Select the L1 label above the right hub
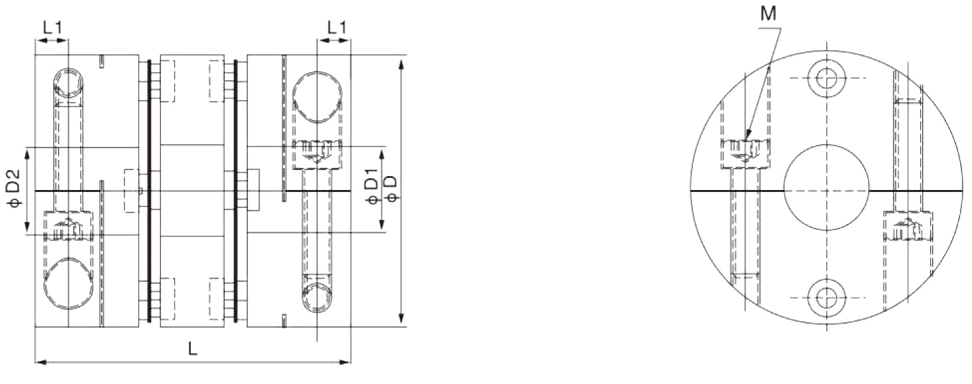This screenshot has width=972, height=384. click(x=337, y=28)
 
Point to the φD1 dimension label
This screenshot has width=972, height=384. click(x=372, y=190)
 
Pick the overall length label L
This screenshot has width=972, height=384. click(x=192, y=349)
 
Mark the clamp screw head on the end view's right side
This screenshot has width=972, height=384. click(x=908, y=227)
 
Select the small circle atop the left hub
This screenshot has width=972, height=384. click(x=68, y=82)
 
